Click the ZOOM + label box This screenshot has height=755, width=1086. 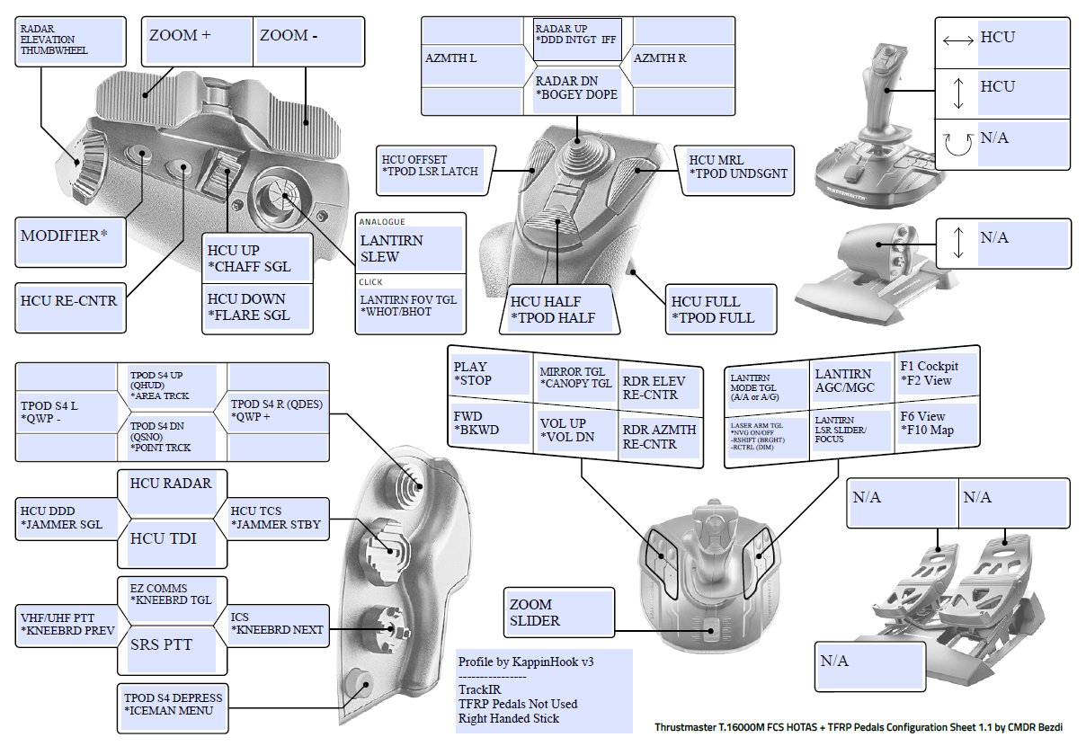[198, 40]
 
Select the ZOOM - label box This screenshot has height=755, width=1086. [307, 40]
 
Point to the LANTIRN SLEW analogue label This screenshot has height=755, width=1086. [410, 249]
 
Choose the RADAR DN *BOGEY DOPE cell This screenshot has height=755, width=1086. [576, 88]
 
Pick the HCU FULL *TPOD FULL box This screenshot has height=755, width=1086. [718, 309]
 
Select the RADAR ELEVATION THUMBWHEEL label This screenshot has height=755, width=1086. [70, 40]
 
